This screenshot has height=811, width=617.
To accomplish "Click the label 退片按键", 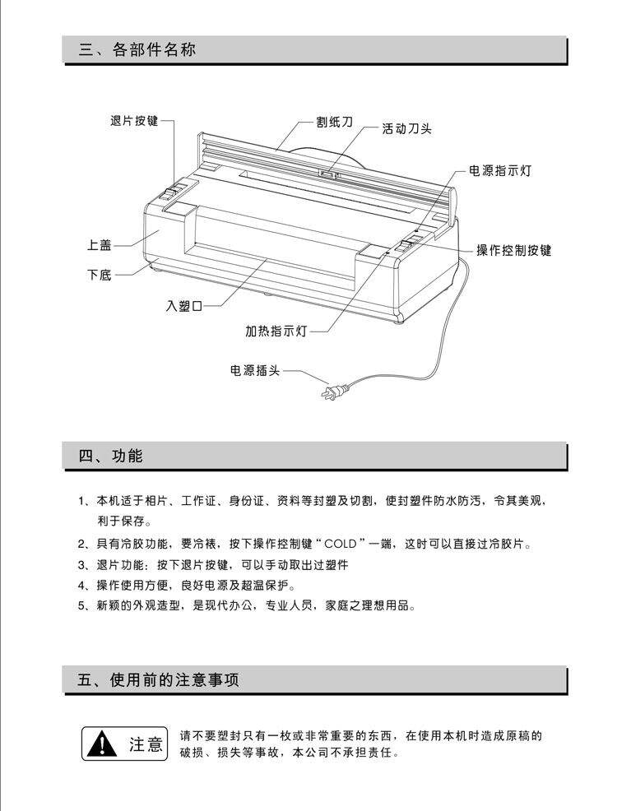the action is click(x=133, y=121).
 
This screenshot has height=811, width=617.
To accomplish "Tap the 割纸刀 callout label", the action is click(x=334, y=121).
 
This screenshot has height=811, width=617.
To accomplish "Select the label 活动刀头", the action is click(x=406, y=128).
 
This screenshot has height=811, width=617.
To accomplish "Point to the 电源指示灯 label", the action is click(x=499, y=171).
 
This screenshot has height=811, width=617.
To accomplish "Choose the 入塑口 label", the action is click(x=184, y=306).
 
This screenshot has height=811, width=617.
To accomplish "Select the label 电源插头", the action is click(x=254, y=370).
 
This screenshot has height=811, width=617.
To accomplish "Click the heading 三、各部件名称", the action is click(x=137, y=49).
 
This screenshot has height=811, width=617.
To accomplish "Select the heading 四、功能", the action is click(x=111, y=456).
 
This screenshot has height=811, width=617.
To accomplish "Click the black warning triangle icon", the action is click(x=101, y=744).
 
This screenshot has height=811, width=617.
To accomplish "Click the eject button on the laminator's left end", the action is click(x=171, y=195).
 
